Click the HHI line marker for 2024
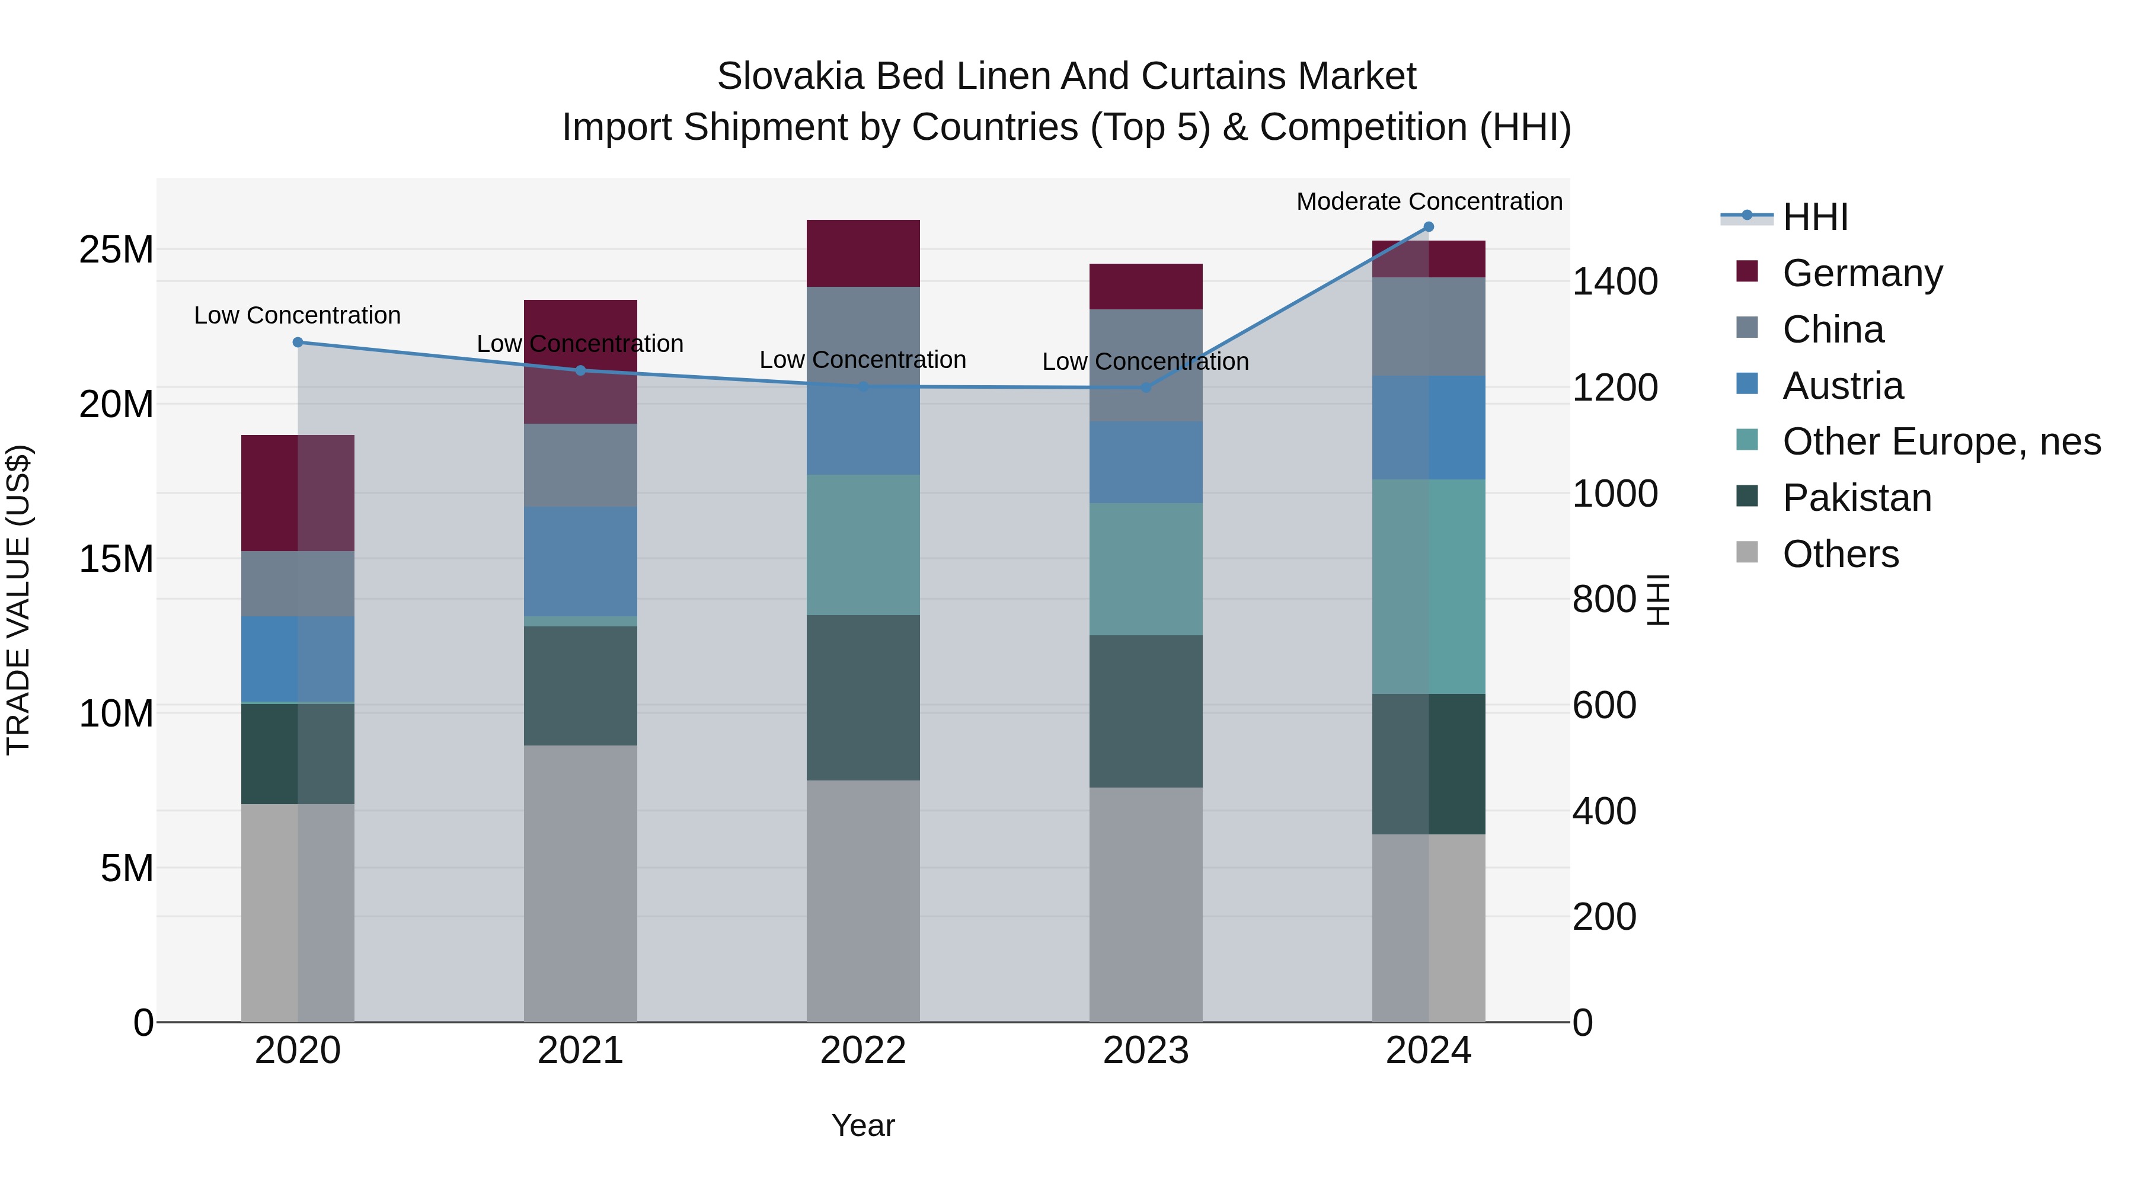[x=1428, y=227]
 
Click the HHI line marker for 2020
[x=298, y=342]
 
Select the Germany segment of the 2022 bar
[x=863, y=254]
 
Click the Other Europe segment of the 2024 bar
[x=1428, y=586]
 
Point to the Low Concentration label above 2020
[x=298, y=315]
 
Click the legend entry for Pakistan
[x=1857, y=498]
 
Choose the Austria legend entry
[x=1842, y=386]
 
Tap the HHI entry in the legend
[x=1814, y=217]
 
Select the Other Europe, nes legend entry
[x=1941, y=441]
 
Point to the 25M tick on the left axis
[x=116, y=250]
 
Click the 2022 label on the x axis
[x=863, y=1051]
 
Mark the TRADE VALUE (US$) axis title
[x=18, y=600]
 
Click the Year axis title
[x=863, y=1125]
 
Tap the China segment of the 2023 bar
[x=1146, y=365]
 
